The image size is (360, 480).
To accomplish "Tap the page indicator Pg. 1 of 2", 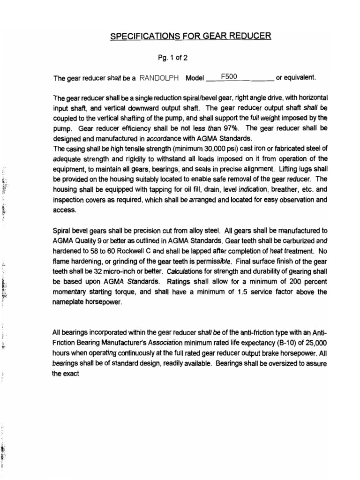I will pyautogui.click(x=174, y=58).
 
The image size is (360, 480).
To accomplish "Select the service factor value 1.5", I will pyautogui.click(x=235, y=292).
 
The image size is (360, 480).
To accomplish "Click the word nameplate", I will pyautogui.click(x=69, y=302).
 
